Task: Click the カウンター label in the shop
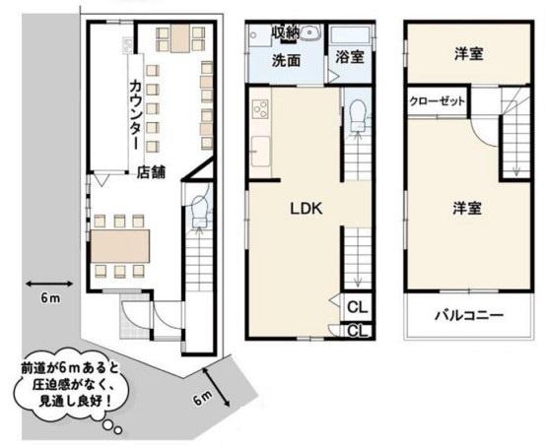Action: [x=135, y=114]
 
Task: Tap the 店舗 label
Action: [x=151, y=172]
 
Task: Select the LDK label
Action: [x=307, y=209]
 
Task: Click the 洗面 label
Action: [x=286, y=60]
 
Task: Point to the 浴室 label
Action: [x=350, y=57]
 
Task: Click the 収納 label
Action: [x=286, y=33]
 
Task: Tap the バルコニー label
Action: [x=469, y=315]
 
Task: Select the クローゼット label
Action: [x=437, y=101]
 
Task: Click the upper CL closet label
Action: [x=358, y=306]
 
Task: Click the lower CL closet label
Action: [x=358, y=331]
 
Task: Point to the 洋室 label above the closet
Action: [x=469, y=54]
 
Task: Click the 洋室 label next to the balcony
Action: [x=467, y=208]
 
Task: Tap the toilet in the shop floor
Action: [x=199, y=211]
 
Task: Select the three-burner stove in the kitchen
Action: [x=260, y=108]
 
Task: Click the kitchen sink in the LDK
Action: [x=260, y=152]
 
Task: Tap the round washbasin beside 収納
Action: [x=309, y=33]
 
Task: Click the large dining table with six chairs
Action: [x=120, y=246]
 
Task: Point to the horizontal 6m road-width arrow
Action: [x=49, y=284]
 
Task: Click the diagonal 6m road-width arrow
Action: [x=216, y=387]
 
